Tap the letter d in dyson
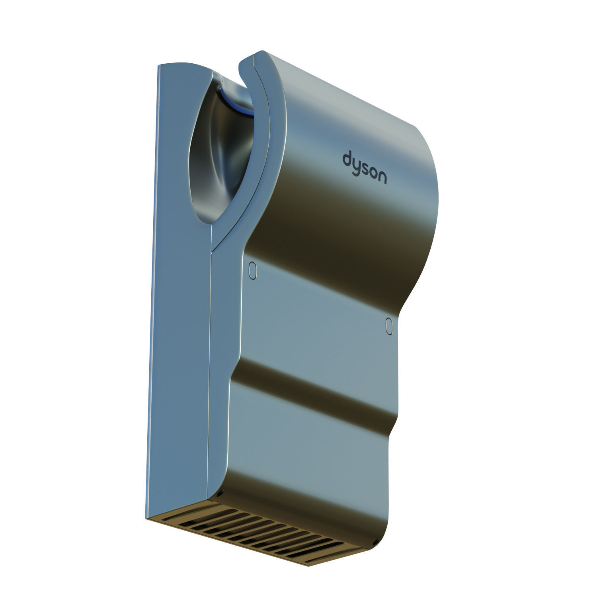(x=347, y=158)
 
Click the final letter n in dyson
(x=381, y=178)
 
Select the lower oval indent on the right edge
(x=389, y=325)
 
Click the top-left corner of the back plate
(x=159, y=66)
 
